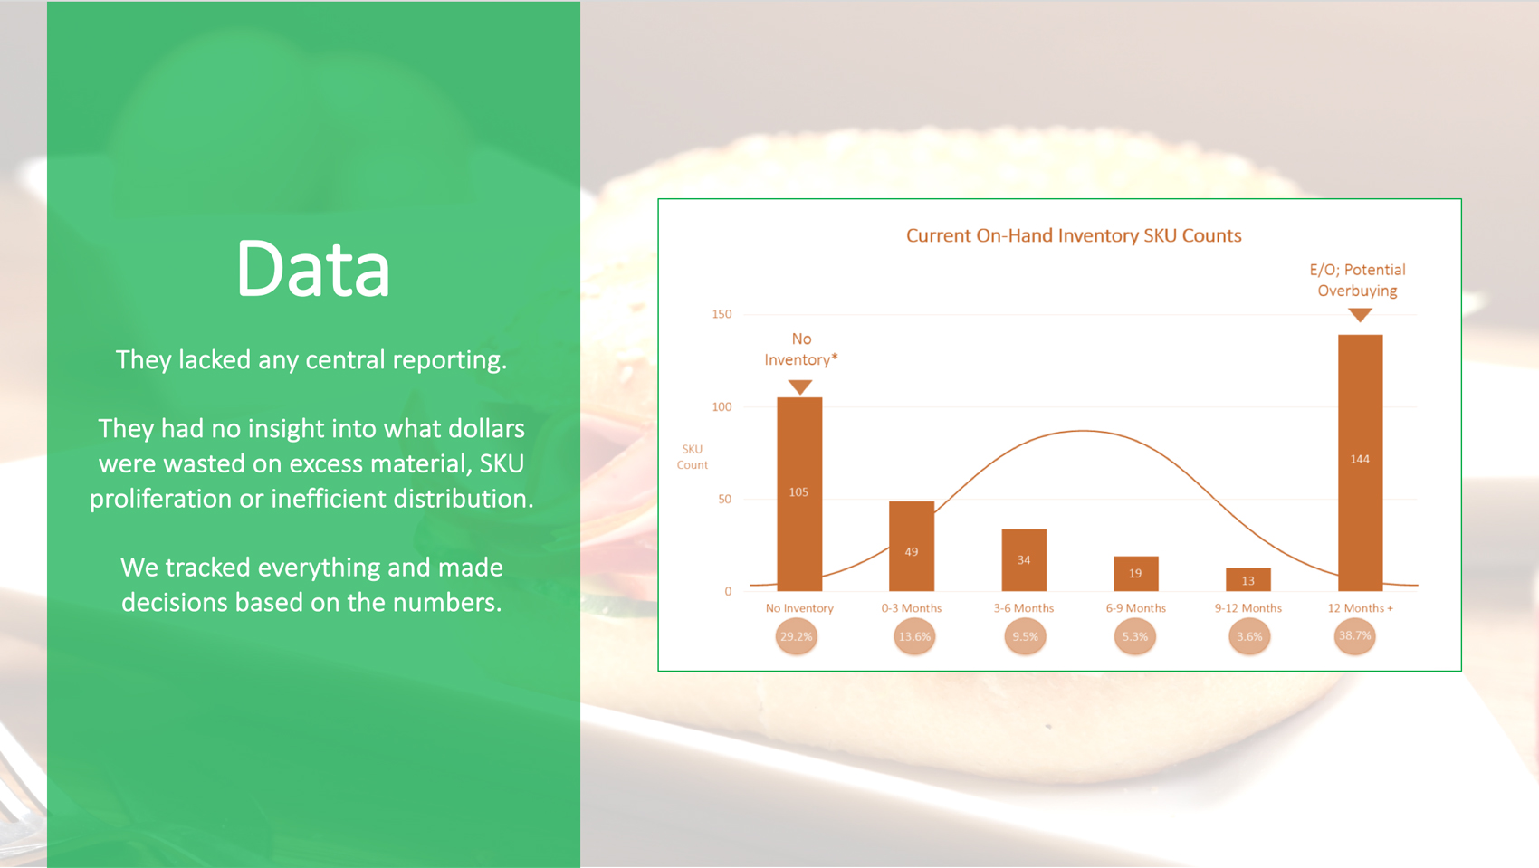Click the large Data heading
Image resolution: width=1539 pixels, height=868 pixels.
pos(313,268)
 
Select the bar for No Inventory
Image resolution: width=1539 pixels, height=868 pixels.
pos(799,494)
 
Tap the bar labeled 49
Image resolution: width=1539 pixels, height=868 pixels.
pos(912,546)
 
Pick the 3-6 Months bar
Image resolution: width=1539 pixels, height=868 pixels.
pos(1024,559)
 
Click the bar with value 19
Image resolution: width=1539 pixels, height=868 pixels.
pos(1136,574)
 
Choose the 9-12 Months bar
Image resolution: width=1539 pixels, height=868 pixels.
pos(1248,579)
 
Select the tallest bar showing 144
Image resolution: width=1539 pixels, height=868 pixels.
pos(1361,463)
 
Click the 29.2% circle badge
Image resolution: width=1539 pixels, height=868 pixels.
pos(797,636)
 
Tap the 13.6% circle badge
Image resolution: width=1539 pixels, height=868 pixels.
pos(914,636)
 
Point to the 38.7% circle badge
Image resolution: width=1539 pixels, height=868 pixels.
pos(1355,636)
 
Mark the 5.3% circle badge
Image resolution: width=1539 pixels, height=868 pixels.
pos(1135,636)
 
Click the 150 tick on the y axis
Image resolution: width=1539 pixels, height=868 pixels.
pos(722,314)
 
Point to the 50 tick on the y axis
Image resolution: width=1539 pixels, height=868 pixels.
pos(725,500)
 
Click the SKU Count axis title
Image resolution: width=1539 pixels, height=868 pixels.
pos(692,457)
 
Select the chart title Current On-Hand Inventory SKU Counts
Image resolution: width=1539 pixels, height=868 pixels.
pos(1074,235)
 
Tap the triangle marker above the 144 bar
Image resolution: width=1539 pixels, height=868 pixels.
pos(1361,314)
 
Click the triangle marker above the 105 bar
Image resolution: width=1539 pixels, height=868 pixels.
pos(799,386)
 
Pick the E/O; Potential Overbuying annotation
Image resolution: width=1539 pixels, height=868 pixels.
pos(1358,281)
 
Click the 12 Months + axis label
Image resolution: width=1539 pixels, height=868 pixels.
pos(1361,607)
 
